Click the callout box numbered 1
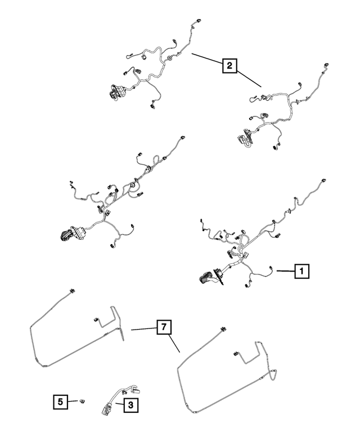coord(301,271)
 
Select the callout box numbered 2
coord(228,66)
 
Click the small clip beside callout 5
coord(82,400)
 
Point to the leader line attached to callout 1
coord(285,271)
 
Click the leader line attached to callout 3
coord(119,403)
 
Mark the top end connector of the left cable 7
coord(71,291)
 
